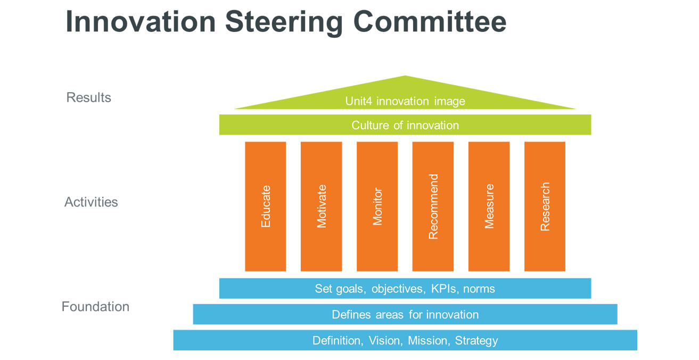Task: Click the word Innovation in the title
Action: point(141,21)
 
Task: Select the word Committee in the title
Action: point(430,21)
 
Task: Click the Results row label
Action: point(88,97)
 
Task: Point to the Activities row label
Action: point(91,202)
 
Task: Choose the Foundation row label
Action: point(95,307)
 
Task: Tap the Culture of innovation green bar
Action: point(405,125)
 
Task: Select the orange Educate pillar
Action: point(266,207)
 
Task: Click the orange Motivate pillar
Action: point(322,207)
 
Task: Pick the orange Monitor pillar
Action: point(377,207)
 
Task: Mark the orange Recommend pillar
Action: point(433,207)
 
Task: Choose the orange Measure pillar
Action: point(489,207)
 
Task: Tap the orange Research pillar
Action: point(545,207)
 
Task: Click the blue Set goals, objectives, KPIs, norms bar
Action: point(405,289)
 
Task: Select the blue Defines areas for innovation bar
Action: point(405,314)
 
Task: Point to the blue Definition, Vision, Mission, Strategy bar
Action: point(405,340)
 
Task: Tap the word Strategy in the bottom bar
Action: point(476,341)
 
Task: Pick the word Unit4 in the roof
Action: point(358,101)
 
